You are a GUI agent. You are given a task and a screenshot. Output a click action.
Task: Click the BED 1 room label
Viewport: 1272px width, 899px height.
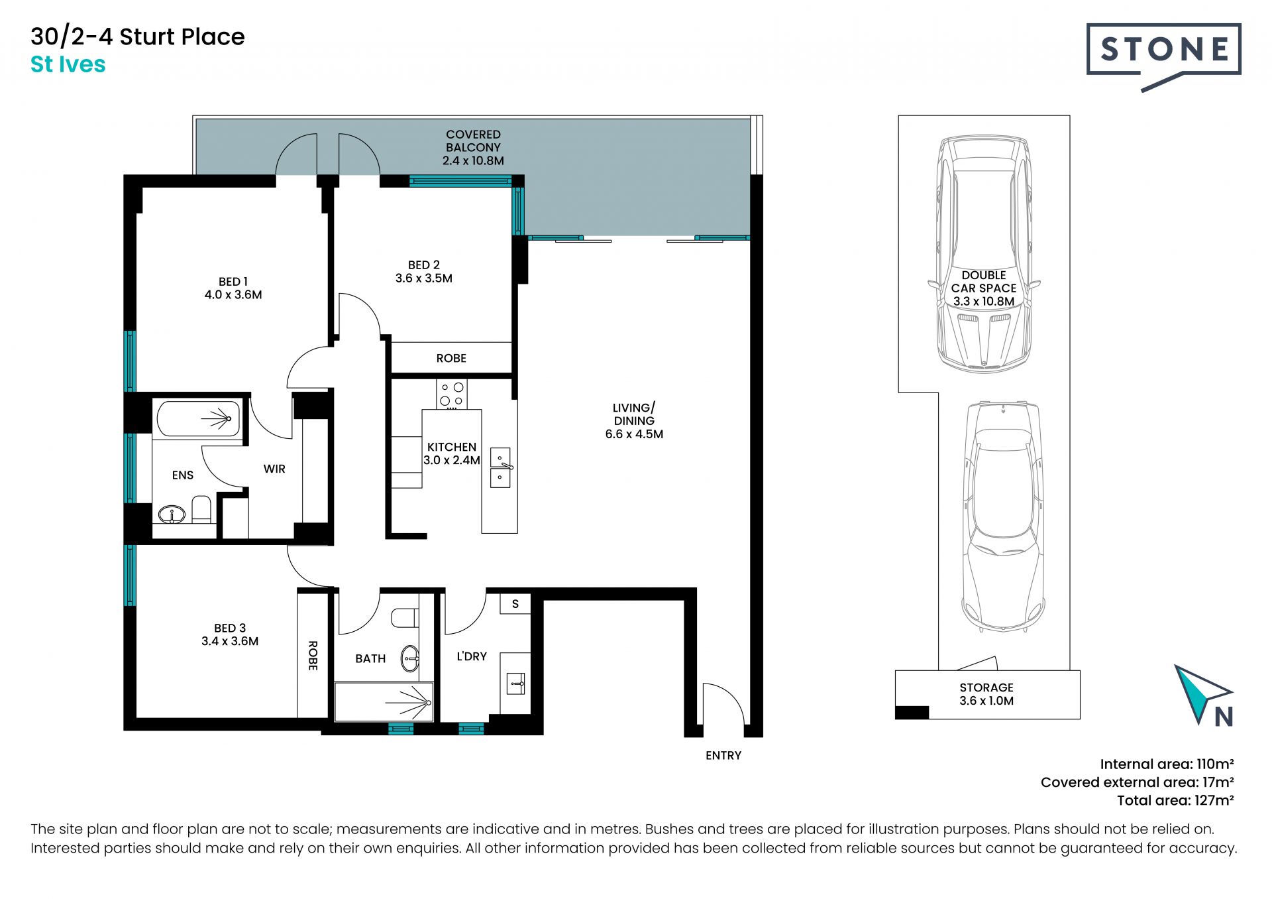[x=233, y=282]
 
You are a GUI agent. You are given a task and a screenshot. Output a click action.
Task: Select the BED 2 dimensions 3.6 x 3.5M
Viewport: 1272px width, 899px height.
[x=424, y=278]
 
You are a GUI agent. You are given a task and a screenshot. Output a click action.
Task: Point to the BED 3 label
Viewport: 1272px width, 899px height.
[x=230, y=628]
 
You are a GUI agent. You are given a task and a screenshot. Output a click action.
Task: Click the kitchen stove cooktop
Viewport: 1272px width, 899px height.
[x=452, y=394]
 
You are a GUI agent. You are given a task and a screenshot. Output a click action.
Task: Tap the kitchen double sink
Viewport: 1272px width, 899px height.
[x=501, y=467]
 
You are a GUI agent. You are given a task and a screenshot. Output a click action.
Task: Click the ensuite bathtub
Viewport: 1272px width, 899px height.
[x=199, y=418]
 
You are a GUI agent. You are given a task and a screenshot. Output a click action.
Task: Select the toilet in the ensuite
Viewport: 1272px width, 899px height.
[x=201, y=509]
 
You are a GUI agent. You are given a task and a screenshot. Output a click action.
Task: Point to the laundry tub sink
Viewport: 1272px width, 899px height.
[x=516, y=684]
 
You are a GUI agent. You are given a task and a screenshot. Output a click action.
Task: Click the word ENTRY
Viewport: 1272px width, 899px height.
[x=723, y=756]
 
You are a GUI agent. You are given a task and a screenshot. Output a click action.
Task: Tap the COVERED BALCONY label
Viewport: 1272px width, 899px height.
[x=473, y=141]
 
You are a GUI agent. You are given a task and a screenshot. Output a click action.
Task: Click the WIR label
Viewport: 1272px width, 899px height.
[x=274, y=469]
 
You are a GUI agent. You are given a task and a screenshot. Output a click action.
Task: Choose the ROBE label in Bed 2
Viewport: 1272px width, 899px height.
[x=451, y=359]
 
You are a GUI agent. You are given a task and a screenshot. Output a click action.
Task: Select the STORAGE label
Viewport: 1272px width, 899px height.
[x=986, y=688]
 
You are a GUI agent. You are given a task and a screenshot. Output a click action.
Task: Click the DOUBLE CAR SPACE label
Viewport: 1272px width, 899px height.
[x=984, y=282]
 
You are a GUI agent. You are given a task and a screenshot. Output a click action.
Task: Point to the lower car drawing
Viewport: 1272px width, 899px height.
[x=1004, y=517]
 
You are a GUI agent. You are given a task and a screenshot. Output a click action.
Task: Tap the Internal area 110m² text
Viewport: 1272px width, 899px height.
[x=1167, y=764]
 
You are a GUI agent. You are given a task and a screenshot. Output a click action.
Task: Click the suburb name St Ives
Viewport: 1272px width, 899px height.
[x=68, y=64]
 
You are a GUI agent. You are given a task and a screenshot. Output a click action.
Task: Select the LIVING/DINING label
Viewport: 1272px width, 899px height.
[x=634, y=414]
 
